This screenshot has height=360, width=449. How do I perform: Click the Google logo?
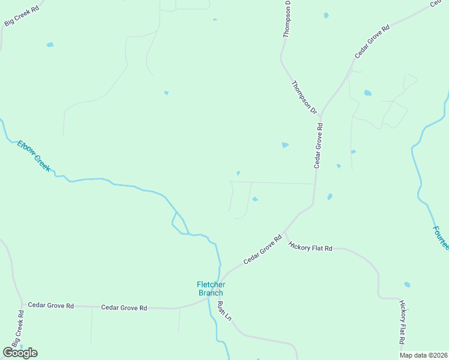(x=20, y=353)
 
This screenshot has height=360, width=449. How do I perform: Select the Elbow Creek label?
(x=34, y=155)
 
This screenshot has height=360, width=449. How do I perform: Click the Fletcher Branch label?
(x=210, y=289)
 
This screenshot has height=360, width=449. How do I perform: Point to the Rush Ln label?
(x=224, y=311)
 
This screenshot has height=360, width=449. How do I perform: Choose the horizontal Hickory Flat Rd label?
(x=310, y=247)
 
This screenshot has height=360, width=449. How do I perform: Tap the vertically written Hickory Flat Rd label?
(x=403, y=322)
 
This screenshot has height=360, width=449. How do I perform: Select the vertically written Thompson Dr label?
(x=287, y=19)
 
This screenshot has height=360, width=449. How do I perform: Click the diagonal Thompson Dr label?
(x=304, y=97)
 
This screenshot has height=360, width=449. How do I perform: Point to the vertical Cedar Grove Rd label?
(x=319, y=146)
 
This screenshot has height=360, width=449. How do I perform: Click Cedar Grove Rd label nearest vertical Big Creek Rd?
(x=50, y=305)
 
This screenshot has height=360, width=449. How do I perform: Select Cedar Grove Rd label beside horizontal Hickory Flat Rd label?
(x=262, y=250)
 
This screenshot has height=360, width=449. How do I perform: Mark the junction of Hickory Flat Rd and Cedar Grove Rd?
(x=285, y=230)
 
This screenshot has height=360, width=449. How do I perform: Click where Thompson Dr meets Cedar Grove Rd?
(x=321, y=114)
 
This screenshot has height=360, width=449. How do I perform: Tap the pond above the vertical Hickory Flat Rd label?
(x=408, y=284)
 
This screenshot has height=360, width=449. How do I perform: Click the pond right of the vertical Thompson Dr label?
(x=326, y=15)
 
